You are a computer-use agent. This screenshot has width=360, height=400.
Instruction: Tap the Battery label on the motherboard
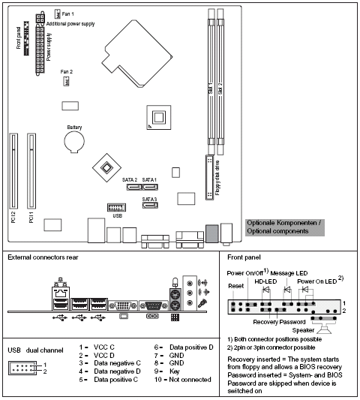pyautogui.click(x=74, y=128)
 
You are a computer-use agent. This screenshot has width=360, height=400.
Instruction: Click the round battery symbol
pyautogui.click(x=74, y=145)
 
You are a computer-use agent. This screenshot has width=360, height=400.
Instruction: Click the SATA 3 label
pyautogui.click(x=150, y=199)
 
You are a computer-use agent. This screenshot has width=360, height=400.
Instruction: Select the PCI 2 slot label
pyautogui.click(x=12, y=218)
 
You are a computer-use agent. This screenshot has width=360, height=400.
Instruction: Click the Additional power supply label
pyautogui.click(x=71, y=24)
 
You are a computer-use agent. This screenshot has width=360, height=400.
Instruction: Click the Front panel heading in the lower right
pyautogui.click(x=242, y=257)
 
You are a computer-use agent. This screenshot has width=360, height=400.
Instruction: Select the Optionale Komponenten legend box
pyautogui.click(x=284, y=227)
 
